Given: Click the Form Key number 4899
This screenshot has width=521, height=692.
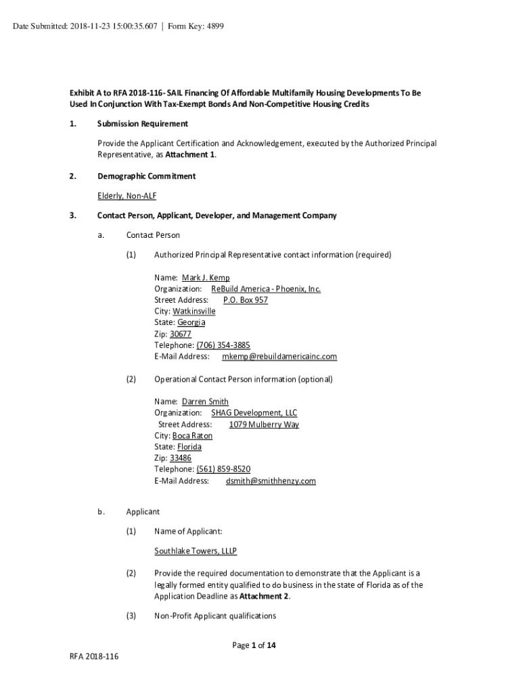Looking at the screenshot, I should coord(213,26).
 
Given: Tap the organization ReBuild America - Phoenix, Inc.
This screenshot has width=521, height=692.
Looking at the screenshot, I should coord(261,289).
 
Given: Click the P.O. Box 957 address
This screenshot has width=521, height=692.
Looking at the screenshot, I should coord(245,300).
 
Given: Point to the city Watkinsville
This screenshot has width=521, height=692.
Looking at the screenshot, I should coord(194,312).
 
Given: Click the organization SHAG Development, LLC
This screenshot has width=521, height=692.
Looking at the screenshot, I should coord(254,413).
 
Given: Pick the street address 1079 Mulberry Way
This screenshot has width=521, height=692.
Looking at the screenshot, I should coord(263,424).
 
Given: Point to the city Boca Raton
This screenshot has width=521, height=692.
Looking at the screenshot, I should coord(192,436).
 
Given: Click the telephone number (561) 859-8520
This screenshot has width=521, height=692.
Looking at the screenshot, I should coord(223,469).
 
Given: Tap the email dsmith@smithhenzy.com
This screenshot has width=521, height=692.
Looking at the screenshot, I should coord(271,481).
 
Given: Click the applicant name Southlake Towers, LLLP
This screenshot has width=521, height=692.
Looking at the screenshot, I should coord(196,551).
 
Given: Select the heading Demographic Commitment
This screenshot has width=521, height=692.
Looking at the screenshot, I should coord(146,176).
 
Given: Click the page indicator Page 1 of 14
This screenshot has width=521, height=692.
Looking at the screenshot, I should coord(254,645).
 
